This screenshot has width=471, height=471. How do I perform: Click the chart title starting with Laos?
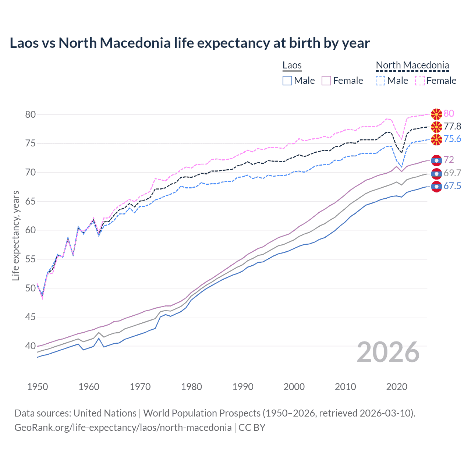click(x=190, y=43)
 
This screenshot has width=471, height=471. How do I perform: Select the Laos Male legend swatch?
click(x=287, y=81)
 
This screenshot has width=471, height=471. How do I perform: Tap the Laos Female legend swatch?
click(x=326, y=81)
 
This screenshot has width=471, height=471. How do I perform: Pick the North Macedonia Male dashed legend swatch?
click(x=380, y=81)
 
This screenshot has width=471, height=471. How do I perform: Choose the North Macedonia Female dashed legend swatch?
click(x=419, y=81)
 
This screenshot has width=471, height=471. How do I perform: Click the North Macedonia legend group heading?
click(x=412, y=65)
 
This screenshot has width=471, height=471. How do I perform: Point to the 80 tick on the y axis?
click(x=31, y=114)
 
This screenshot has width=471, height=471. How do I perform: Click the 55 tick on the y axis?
click(x=31, y=259)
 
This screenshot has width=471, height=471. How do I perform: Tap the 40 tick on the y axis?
click(x=31, y=346)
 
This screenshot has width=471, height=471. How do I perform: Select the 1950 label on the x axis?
click(x=38, y=387)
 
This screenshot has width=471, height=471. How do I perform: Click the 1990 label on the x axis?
click(x=243, y=387)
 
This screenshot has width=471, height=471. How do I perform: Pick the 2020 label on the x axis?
click(x=397, y=387)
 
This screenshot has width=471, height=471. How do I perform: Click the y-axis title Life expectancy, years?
click(x=15, y=235)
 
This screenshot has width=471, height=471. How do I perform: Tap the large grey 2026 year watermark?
click(x=388, y=353)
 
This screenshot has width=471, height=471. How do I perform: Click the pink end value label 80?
click(x=449, y=114)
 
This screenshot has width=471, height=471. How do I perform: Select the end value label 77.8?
click(x=452, y=127)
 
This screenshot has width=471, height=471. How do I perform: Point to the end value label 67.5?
click(x=452, y=186)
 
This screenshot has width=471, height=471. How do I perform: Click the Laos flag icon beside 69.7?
click(x=436, y=174)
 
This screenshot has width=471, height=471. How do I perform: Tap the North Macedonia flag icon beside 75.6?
click(x=436, y=139)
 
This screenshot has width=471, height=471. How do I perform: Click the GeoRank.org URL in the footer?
click(x=123, y=428)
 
